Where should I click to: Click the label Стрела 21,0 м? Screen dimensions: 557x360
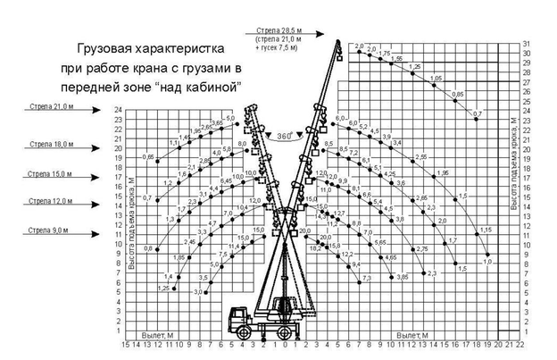point(50,106)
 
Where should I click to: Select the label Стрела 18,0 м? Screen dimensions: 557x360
point(50,143)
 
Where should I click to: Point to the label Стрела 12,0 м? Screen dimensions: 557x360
point(50,202)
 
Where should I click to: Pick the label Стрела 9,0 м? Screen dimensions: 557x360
point(48,231)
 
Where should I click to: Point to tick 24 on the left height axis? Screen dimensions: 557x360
point(119,110)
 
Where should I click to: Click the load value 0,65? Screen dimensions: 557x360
point(149,157)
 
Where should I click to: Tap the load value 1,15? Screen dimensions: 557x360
point(486,230)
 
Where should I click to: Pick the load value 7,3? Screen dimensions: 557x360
point(366,280)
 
